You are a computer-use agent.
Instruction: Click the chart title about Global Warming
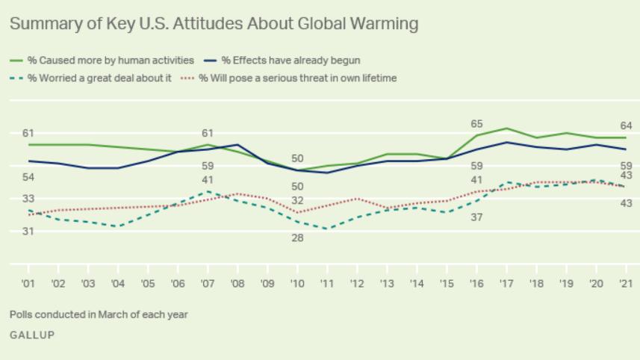click(x=214, y=24)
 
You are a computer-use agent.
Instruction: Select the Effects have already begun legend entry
click(x=291, y=60)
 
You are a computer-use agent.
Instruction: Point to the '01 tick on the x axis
click(x=28, y=284)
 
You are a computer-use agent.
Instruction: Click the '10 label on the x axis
click(x=298, y=284)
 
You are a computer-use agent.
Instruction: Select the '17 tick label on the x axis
click(x=507, y=284)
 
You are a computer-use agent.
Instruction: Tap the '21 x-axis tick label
click(x=626, y=284)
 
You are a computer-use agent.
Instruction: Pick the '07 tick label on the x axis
click(x=208, y=284)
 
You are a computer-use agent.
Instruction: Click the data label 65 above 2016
click(x=476, y=124)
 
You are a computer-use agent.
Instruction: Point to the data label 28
click(x=297, y=238)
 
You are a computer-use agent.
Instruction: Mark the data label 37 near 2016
click(x=476, y=217)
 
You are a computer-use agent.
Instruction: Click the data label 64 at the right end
click(x=626, y=125)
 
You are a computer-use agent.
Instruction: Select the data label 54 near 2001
click(x=28, y=177)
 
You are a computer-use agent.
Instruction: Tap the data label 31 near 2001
click(x=28, y=232)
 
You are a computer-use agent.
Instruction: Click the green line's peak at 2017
click(x=507, y=128)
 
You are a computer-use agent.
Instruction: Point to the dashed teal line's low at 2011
click(x=327, y=229)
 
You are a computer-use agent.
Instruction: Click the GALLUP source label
click(x=32, y=335)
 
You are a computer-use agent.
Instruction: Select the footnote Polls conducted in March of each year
click(x=99, y=314)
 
